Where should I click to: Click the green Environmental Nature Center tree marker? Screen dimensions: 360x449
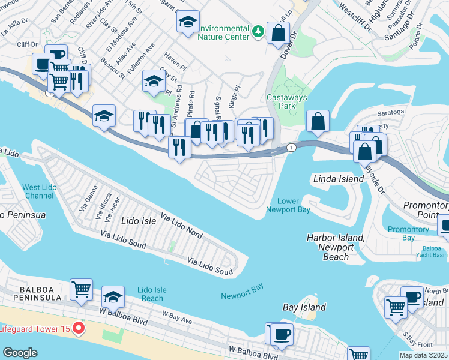[258, 31]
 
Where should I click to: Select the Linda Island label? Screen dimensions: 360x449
[339, 179]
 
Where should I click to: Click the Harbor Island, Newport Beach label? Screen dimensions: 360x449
[335, 247]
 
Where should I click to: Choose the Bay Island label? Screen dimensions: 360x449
[304, 307]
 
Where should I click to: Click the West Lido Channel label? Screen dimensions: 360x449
[40, 191]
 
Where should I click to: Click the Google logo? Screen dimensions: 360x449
[20, 352]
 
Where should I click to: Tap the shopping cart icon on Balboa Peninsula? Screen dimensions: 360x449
[81, 290]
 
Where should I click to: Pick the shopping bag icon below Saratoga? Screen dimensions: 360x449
[318, 121]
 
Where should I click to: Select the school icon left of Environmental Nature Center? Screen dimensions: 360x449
[188, 22]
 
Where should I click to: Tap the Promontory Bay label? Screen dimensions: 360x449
[408, 233]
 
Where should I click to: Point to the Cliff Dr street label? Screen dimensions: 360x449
[27, 44]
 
